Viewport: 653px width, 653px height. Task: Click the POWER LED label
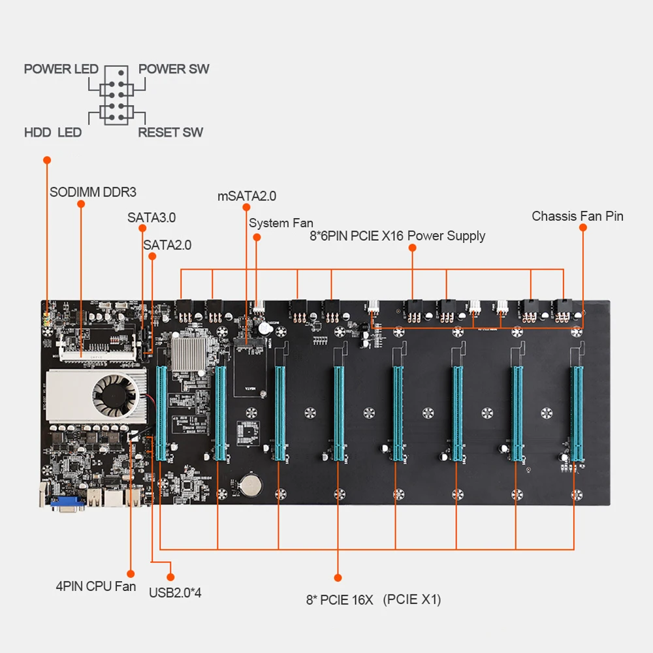61,69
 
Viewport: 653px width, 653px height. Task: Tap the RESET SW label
170,133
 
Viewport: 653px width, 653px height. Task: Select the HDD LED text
53,133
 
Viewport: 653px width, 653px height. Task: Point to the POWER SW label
174,69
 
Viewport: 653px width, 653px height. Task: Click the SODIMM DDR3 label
93,193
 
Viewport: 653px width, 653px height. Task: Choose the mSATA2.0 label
247,196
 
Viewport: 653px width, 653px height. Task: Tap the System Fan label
281,223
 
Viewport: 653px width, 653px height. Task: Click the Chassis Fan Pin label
577,216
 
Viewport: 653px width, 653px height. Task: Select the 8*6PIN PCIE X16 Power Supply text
397,236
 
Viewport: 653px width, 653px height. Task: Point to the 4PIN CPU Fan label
96,586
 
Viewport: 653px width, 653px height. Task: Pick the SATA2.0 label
167,245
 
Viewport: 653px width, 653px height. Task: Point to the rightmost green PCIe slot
577,411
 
